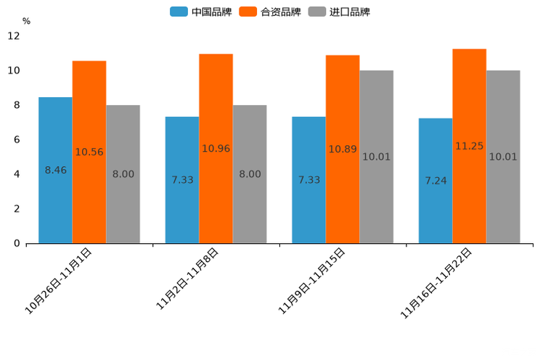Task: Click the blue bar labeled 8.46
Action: [55, 170]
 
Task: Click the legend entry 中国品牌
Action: [202, 12]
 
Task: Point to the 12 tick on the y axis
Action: [14, 36]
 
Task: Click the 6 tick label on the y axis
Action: [17, 139]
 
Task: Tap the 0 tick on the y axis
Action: [17, 243]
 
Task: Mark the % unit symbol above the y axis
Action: [26, 21]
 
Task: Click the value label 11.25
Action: [470, 146]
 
